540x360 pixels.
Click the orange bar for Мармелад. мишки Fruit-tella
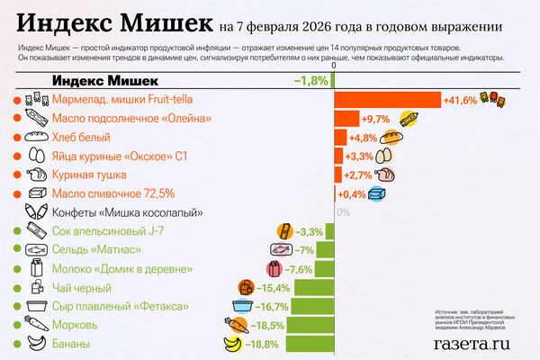387,100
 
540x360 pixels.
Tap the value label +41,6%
459,100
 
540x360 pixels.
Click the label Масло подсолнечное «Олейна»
132,119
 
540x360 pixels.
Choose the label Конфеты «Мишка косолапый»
130,213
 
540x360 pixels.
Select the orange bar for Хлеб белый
340,138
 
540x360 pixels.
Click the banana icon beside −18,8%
233,343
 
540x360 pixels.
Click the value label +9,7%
375,119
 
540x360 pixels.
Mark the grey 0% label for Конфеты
342,213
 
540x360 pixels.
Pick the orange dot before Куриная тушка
17,175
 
